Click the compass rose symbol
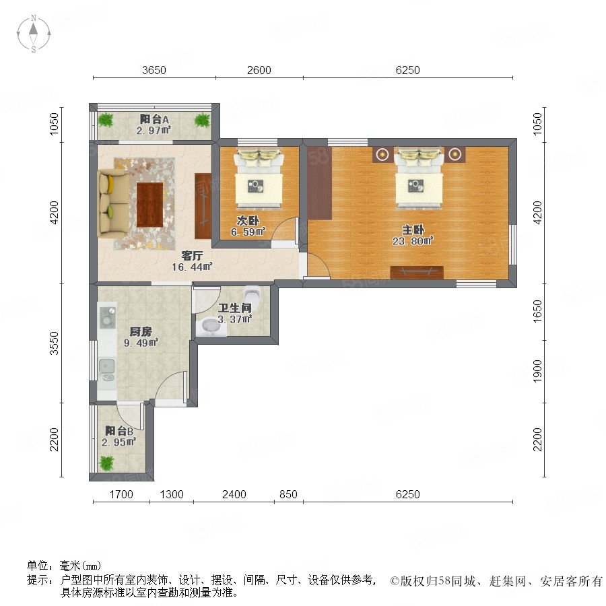(x=34, y=34)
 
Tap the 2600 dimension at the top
(x=259, y=70)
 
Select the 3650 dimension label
(x=154, y=70)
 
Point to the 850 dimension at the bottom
(x=288, y=494)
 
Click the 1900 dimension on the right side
(x=537, y=372)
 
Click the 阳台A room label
(x=154, y=119)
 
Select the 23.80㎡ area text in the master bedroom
(x=413, y=241)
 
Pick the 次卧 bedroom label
(x=248, y=221)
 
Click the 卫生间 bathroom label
(x=234, y=308)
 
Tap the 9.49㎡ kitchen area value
(x=141, y=343)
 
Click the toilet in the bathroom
(x=252, y=294)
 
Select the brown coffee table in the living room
(x=149, y=205)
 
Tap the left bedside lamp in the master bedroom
(x=382, y=155)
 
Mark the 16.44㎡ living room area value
(x=192, y=267)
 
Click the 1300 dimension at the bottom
(x=172, y=494)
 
